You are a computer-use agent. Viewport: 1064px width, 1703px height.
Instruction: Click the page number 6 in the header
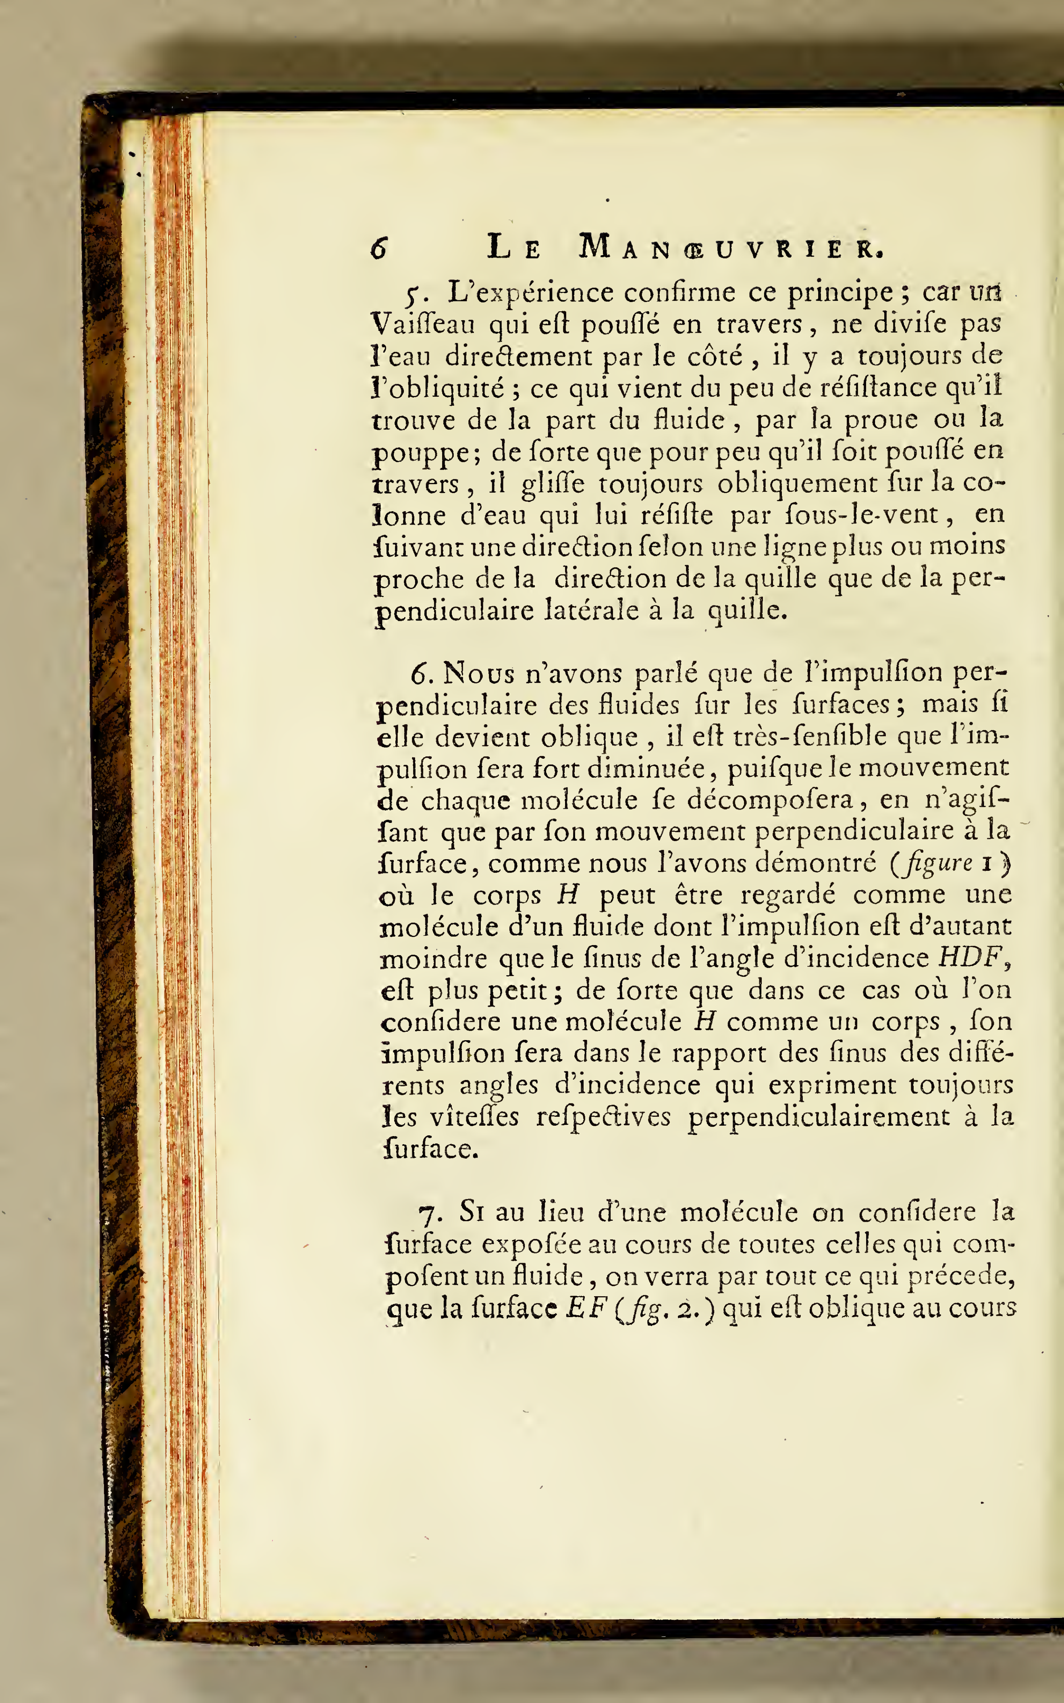pos(379,248)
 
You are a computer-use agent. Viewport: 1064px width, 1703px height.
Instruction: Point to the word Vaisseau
pos(423,325)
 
